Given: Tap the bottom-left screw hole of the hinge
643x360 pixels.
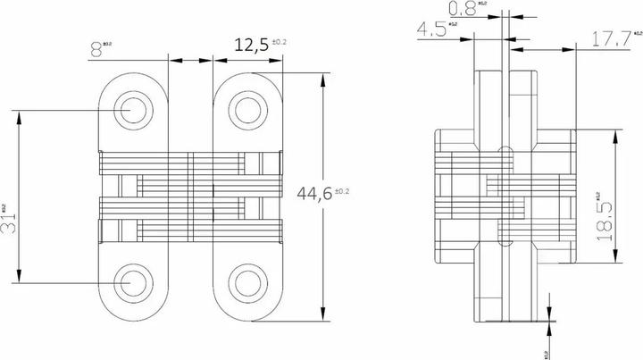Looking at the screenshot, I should pyautogui.click(x=131, y=280).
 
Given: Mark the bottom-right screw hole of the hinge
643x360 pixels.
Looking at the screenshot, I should pyautogui.click(x=246, y=280).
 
